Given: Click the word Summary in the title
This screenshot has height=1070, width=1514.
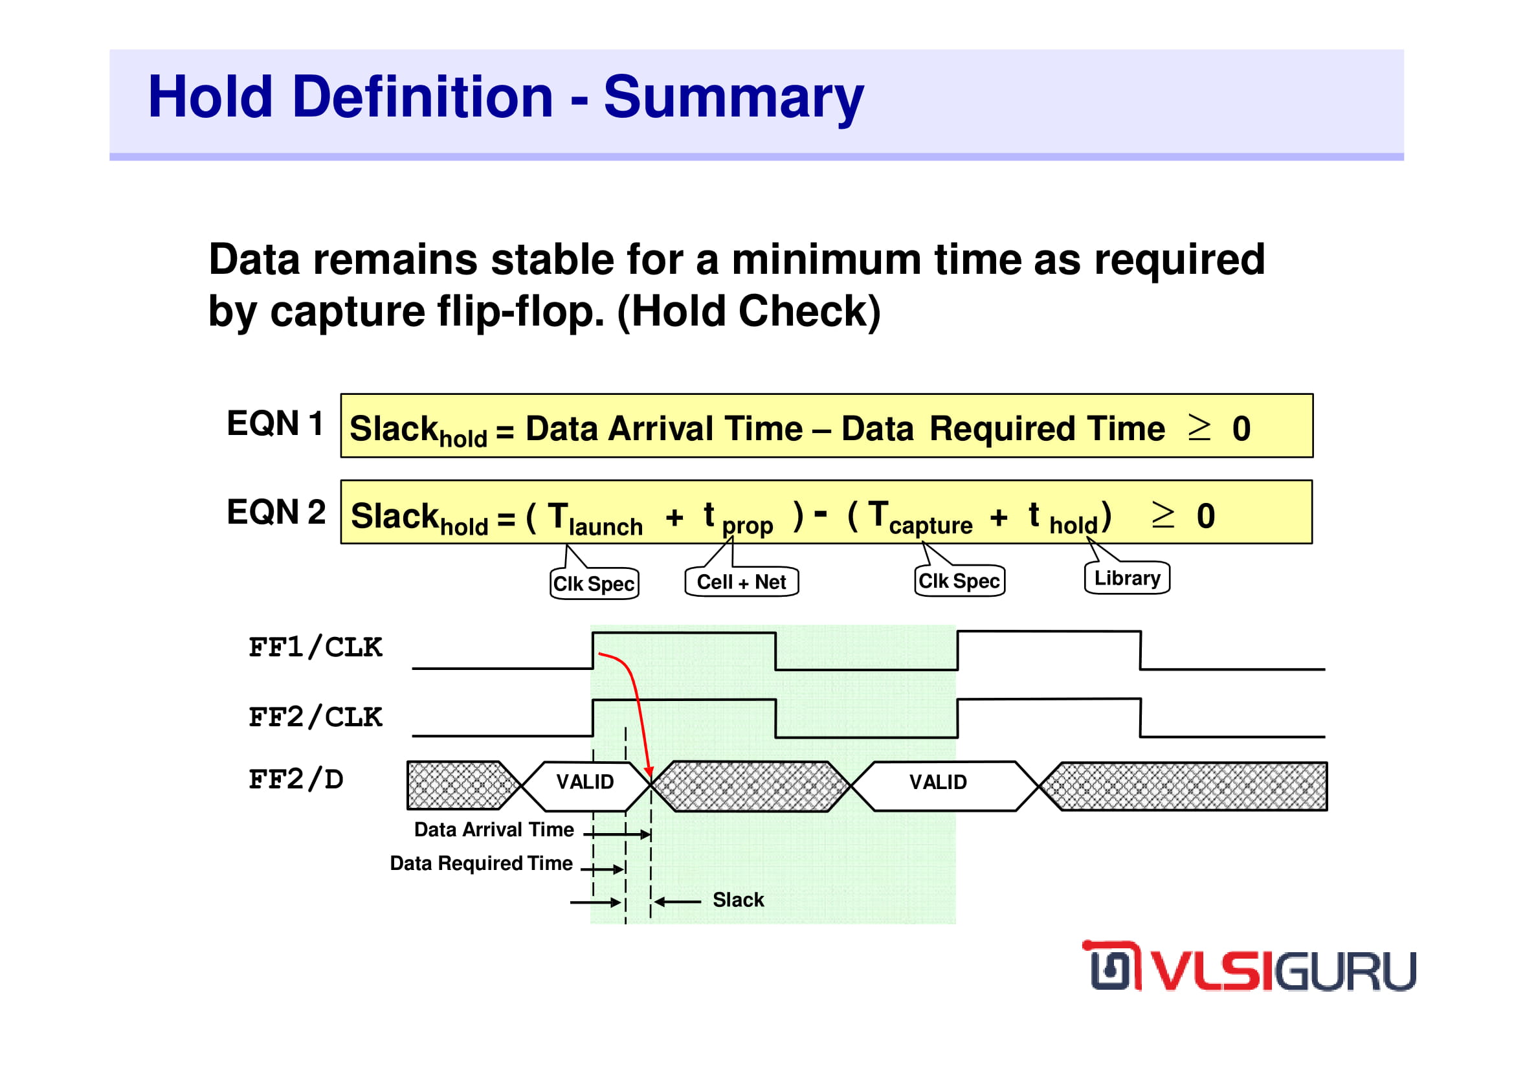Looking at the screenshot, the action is tap(733, 98).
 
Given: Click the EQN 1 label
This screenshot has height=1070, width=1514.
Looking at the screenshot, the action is tap(275, 423).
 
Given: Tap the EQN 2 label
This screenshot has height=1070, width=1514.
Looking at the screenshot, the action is tap(276, 512).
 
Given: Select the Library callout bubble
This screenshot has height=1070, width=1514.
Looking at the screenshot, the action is tap(1127, 577).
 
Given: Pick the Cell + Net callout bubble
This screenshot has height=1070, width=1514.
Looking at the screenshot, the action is tap(742, 581).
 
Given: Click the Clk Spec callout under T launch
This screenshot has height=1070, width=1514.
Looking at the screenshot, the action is tap(594, 583).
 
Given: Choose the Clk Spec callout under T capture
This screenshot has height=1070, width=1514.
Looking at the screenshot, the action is tap(959, 581).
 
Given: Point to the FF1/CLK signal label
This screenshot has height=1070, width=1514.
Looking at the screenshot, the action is tap(315, 647).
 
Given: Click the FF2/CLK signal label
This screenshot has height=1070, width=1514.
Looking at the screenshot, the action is tap(315, 717).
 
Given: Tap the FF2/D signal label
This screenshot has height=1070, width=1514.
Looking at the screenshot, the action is tap(295, 780).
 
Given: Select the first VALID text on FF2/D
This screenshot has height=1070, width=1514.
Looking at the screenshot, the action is tap(585, 782).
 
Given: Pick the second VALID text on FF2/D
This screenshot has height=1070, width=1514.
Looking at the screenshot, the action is tap(938, 782).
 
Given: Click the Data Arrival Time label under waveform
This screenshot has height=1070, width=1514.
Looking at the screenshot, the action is tap(494, 829).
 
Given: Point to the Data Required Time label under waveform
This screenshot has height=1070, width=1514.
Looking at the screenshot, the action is tap(482, 864).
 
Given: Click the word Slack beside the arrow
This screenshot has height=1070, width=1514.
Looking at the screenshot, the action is tap(738, 900).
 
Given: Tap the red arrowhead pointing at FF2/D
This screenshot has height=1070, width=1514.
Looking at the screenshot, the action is tap(649, 772).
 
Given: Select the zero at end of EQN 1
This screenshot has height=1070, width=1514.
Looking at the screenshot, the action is tap(1241, 429).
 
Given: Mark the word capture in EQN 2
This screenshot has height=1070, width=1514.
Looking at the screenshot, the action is tap(930, 526).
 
